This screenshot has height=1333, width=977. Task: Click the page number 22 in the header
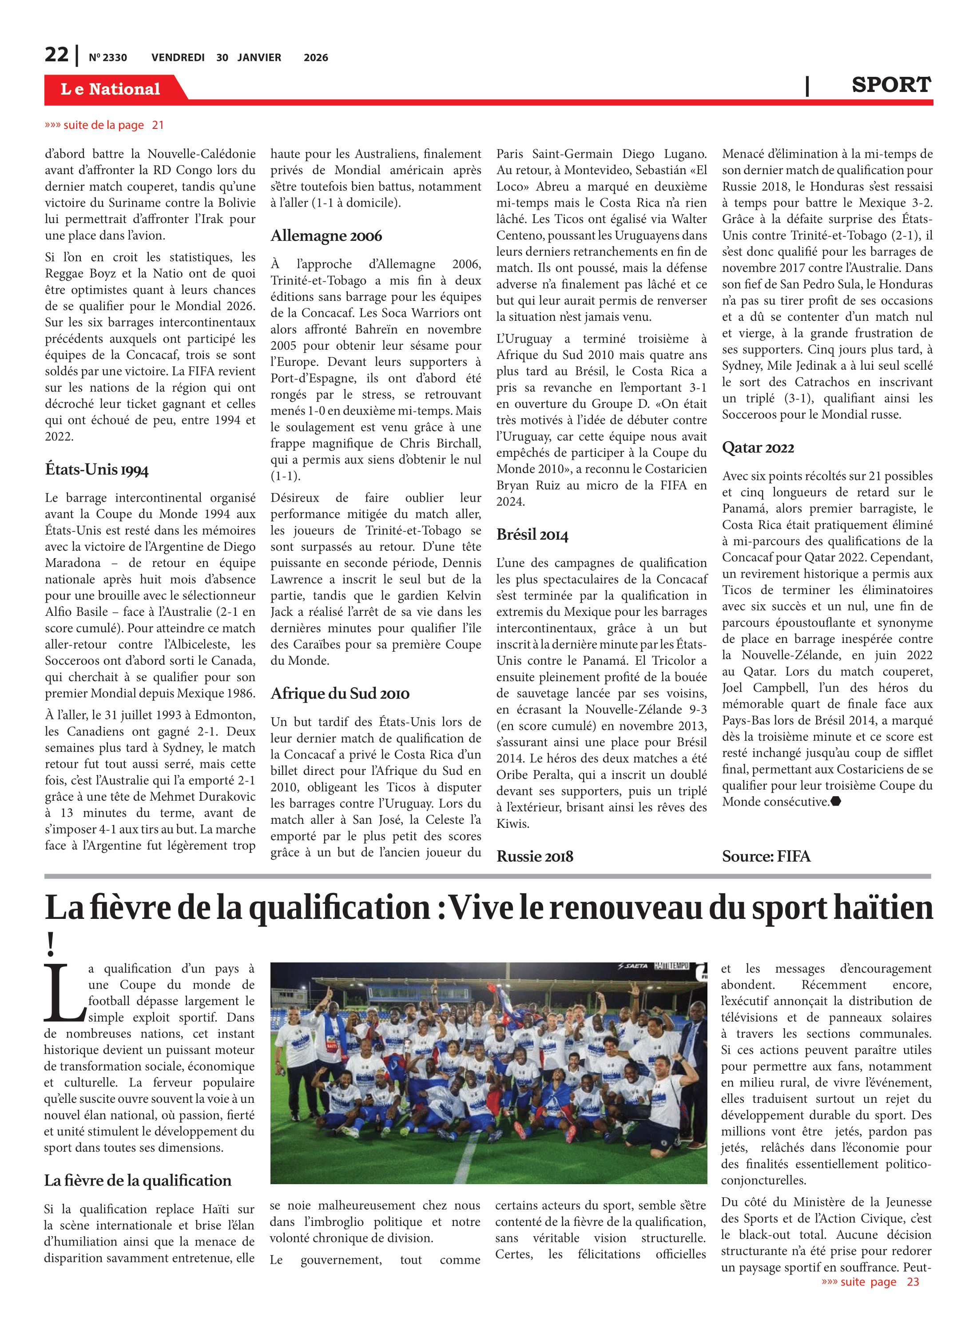tap(56, 55)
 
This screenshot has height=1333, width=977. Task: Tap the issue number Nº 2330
tap(107, 57)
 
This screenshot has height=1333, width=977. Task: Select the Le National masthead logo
tap(111, 89)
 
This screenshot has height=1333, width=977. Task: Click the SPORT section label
tap(891, 85)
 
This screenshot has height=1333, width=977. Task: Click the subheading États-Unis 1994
tap(96, 470)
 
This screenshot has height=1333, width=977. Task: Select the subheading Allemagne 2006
tap(326, 236)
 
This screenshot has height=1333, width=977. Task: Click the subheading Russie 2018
tap(535, 856)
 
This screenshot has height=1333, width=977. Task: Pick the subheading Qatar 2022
tap(758, 448)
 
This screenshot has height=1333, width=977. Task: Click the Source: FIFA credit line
tap(766, 856)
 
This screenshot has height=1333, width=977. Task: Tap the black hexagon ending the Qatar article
tap(836, 802)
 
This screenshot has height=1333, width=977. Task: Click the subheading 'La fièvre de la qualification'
tap(138, 1180)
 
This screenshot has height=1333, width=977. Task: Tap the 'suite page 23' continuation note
tap(870, 1281)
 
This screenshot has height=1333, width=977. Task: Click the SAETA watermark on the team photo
tap(633, 966)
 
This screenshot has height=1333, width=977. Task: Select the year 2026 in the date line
tap(316, 57)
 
